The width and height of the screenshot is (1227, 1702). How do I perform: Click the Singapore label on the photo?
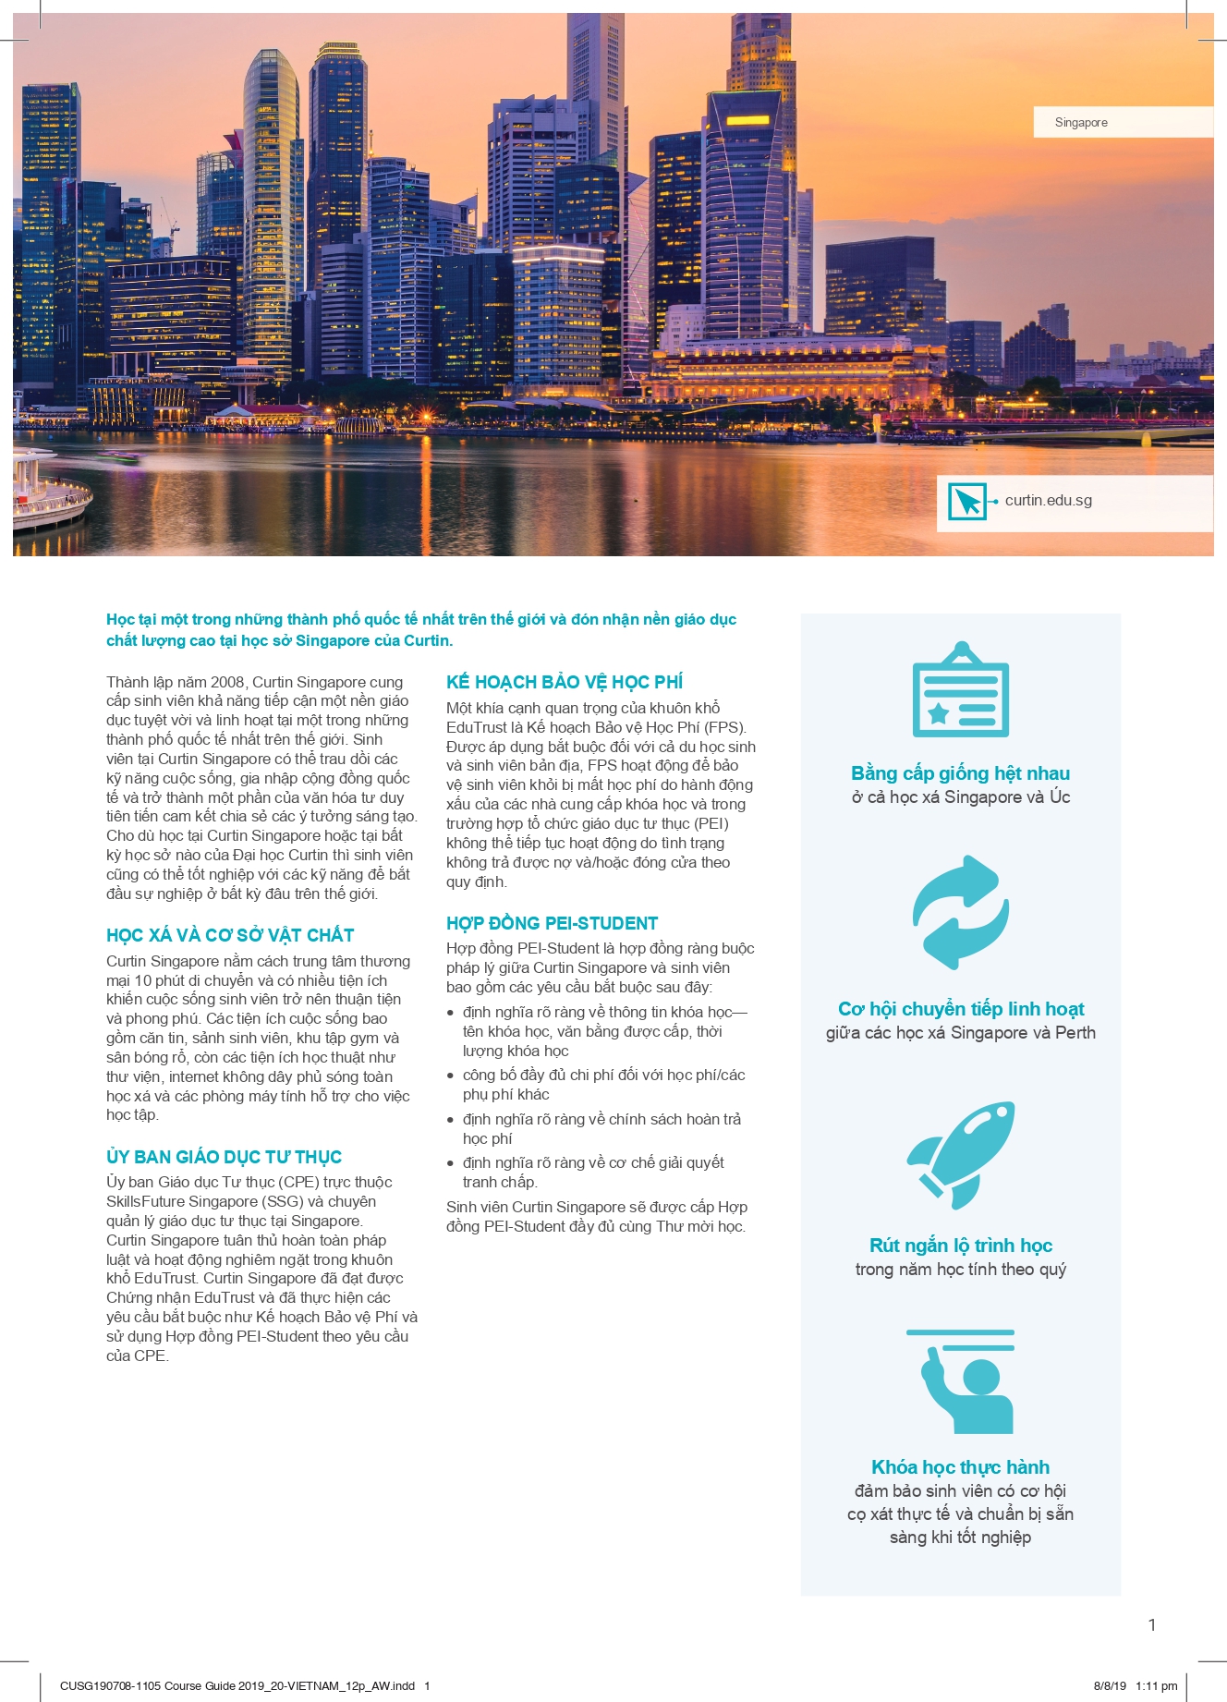pos(1081,122)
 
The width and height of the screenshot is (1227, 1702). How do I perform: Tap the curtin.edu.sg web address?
pos(1048,500)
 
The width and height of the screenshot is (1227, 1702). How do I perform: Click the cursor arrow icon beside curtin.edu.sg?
pos(967,502)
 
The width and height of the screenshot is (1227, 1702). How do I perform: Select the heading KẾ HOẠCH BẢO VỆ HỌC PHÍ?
pos(565,682)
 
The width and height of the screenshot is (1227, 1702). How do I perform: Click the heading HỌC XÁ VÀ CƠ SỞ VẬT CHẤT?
pos(230,935)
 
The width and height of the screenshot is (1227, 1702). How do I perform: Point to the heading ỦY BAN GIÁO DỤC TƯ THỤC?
pos(224,1157)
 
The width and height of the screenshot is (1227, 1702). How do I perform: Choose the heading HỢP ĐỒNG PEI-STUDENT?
pos(552,923)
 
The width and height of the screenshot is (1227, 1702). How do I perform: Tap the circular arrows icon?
pos(960,912)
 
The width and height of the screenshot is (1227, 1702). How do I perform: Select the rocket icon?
pos(960,1154)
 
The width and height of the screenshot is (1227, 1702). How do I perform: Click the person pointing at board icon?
pos(961,1381)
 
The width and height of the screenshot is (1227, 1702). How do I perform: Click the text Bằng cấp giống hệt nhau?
pos(960,773)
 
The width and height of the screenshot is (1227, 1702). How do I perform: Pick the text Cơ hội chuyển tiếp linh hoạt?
pos(960,1009)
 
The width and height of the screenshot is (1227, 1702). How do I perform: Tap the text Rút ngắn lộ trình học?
pos(960,1246)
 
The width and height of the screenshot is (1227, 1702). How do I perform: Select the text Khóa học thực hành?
pos(960,1467)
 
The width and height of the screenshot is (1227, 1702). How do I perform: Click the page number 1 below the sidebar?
pos(1151,1625)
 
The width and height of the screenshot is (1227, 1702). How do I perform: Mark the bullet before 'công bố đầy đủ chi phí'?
pos(451,1076)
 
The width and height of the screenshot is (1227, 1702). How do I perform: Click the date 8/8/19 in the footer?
pos(1110,1685)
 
